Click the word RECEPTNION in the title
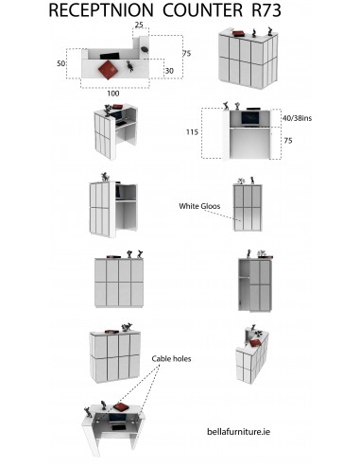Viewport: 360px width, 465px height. click(101, 10)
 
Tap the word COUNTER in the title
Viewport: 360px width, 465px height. click(203, 10)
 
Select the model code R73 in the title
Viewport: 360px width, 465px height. click(266, 10)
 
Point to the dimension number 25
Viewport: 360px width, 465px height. click(139, 25)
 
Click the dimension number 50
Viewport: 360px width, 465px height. click(60, 63)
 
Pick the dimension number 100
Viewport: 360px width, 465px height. click(113, 94)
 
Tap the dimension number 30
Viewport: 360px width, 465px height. click(169, 71)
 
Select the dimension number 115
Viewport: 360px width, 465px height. click(192, 131)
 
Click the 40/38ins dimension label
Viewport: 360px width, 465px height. click(297, 118)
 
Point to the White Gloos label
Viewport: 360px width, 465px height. click(199, 206)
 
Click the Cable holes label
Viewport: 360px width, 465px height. click(171, 358)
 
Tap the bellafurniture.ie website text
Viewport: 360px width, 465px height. click(238, 431)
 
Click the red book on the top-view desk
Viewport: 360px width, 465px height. click(108, 70)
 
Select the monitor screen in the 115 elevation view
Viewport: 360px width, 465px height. click(250, 118)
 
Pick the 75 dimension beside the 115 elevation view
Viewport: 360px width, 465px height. click(288, 141)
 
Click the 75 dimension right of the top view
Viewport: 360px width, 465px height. click(186, 54)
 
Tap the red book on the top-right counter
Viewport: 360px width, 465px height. click(238, 33)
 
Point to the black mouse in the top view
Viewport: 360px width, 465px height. click(145, 50)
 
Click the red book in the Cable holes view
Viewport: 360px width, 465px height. click(121, 407)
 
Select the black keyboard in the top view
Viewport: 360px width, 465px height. click(110, 56)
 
